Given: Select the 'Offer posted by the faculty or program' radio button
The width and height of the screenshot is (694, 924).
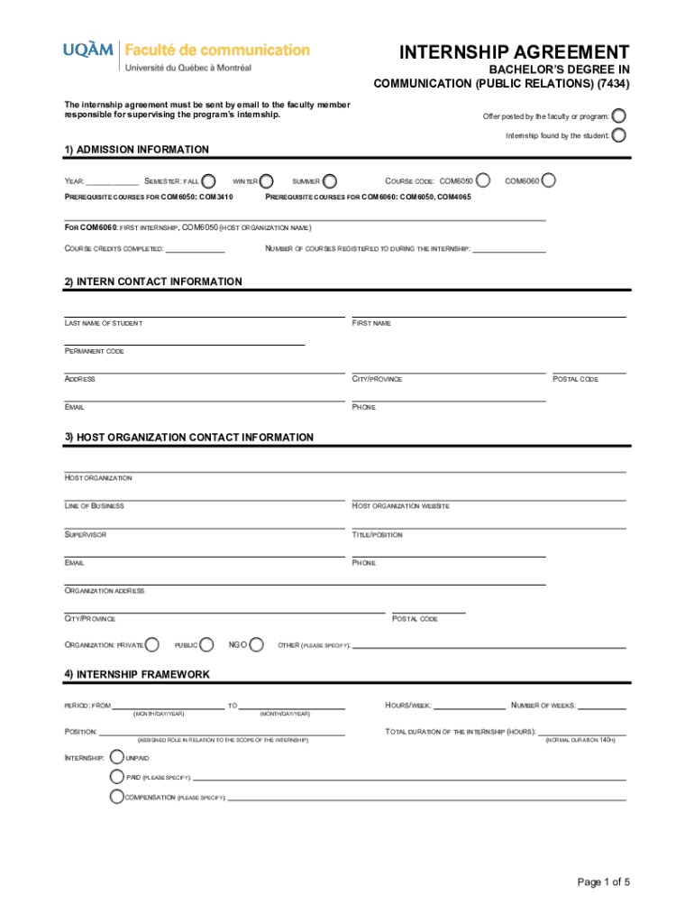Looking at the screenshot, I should click(619, 116).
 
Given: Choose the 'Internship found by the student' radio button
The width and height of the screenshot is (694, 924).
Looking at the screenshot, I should click(619, 135).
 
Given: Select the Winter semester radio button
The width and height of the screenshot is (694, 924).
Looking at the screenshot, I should click(266, 180).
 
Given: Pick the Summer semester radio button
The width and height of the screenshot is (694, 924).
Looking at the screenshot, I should click(330, 180).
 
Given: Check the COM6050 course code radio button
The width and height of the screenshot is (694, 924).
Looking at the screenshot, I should click(483, 180).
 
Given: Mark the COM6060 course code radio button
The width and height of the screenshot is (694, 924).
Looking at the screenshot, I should click(548, 180).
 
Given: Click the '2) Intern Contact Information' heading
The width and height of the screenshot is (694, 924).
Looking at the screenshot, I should click(153, 282).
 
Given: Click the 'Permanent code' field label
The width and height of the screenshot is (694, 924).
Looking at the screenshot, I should click(94, 351).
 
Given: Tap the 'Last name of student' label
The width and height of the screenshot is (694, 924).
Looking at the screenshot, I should click(103, 323).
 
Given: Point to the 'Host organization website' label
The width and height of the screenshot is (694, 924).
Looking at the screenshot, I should click(400, 506).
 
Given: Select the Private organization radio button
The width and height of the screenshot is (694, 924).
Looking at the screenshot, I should click(152, 644).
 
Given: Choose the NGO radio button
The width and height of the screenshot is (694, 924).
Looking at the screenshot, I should click(257, 644).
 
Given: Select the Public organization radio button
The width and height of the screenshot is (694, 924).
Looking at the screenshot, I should click(207, 644).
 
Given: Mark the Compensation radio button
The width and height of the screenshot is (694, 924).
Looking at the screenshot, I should click(115, 797).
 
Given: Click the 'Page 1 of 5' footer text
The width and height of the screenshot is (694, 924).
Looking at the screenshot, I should click(603, 882).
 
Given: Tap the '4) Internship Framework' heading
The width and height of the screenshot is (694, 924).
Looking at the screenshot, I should click(137, 674).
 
